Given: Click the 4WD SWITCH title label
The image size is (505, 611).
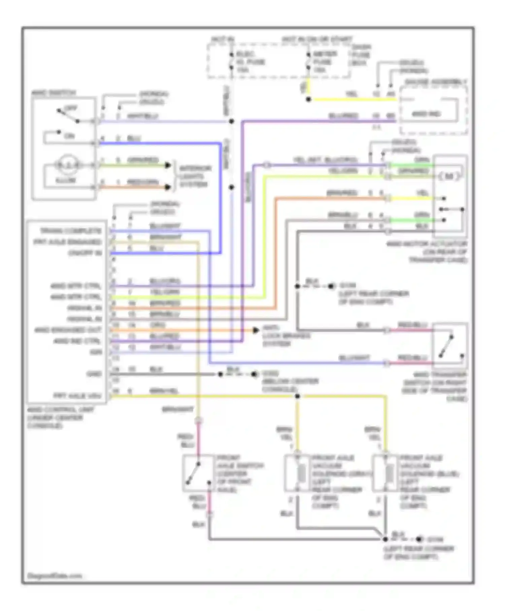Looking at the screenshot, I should pos(53,93).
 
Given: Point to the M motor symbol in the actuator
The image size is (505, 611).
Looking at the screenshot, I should pos(449,176).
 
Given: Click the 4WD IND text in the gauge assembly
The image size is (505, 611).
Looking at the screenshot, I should pos(426,114).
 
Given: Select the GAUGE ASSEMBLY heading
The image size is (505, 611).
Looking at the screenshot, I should pos(436,82).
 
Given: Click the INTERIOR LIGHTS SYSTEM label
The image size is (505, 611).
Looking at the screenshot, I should pos(195,176).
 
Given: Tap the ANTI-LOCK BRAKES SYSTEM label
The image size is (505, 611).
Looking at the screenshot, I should pos(286,335).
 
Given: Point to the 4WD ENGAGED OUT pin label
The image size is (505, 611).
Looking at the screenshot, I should pos(67,330).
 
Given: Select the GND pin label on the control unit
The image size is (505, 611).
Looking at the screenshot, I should pos(94,374).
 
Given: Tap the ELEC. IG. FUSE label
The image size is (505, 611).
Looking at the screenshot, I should pos(250,62).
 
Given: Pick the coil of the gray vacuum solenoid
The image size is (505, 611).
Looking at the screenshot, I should pos(302,473).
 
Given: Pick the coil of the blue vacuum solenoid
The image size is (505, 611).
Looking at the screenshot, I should pos(390,473).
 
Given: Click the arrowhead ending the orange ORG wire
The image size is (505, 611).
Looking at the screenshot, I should pos(256,330).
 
